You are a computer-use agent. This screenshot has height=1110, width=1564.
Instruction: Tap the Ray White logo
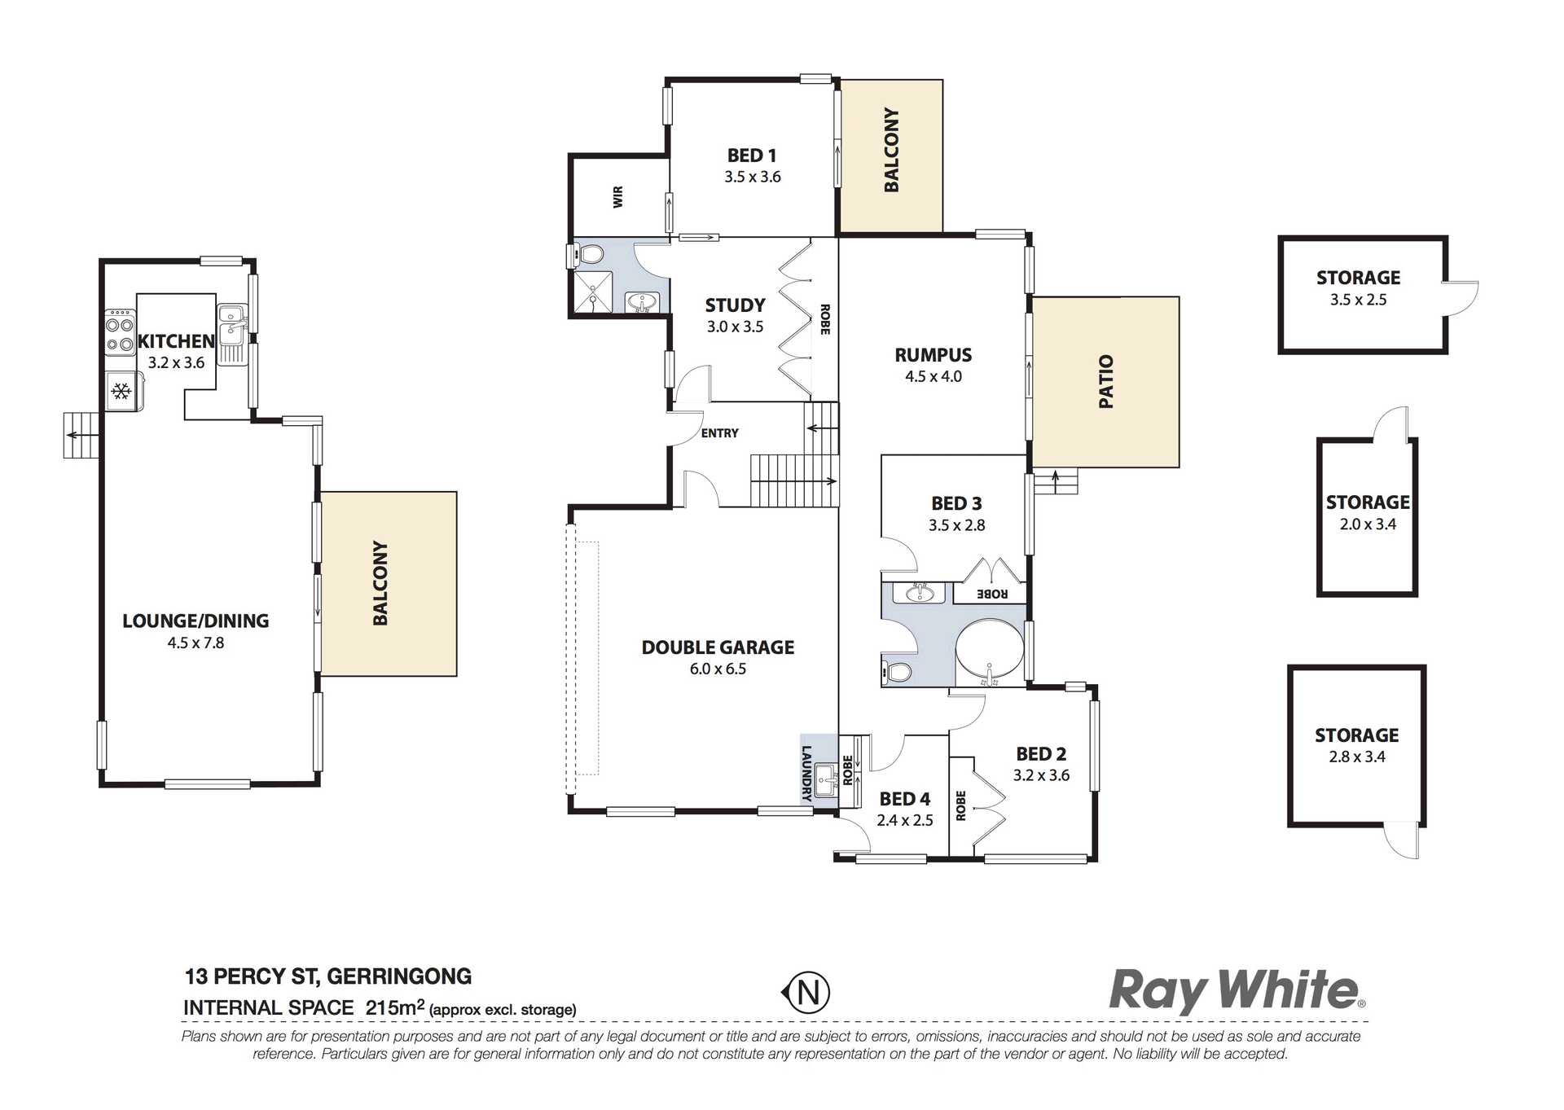tap(1237, 991)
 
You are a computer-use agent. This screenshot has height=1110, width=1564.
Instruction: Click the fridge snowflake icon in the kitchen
tap(121, 392)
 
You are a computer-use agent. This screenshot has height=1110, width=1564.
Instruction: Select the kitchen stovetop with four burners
tap(120, 332)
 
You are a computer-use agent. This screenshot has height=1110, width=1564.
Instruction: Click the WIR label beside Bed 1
tap(618, 196)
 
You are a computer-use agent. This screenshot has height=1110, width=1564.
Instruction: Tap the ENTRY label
tap(720, 433)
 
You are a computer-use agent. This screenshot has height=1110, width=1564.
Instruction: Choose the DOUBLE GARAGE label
tap(718, 647)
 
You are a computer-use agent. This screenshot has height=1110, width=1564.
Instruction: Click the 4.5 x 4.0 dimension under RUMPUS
tap(934, 376)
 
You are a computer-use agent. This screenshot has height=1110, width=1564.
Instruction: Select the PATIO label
tap(1105, 381)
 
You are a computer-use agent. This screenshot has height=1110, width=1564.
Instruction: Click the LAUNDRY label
tap(807, 774)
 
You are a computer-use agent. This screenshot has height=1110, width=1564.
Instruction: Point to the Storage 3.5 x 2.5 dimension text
tap(1359, 300)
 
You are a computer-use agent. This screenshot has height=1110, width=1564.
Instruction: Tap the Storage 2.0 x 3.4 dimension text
tap(1368, 524)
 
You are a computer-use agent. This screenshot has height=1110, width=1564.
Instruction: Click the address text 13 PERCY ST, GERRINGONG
tap(328, 976)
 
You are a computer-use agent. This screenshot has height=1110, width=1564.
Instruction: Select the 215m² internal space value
tap(395, 1007)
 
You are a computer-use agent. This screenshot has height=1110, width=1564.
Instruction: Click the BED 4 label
tap(905, 799)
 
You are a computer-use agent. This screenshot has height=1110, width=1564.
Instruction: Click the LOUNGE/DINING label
tap(195, 621)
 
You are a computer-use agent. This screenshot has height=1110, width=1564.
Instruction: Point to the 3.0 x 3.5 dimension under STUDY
tap(735, 327)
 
